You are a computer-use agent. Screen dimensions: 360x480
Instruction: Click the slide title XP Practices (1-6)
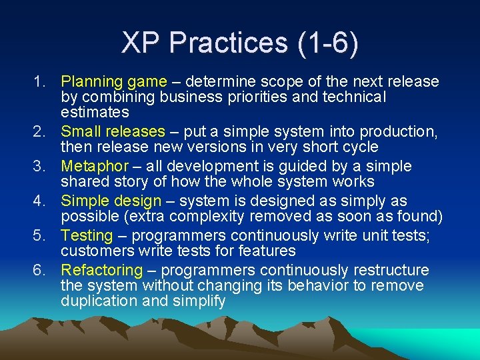[240, 43]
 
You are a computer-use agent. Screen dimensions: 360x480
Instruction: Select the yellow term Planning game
[113, 82]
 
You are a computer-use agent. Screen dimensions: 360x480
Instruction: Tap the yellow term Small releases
[112, 132]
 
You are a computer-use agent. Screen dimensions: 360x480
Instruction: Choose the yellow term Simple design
[111, 201]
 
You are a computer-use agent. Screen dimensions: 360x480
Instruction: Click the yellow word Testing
[87, 235]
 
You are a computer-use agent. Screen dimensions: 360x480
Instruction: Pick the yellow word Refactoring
[101, 270]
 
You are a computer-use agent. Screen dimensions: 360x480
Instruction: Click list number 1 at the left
[39, 82]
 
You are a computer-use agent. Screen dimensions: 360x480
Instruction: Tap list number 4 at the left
[39, 201]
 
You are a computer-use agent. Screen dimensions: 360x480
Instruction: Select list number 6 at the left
[39, 270]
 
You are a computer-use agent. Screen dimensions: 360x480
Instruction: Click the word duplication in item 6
[97, 301]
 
